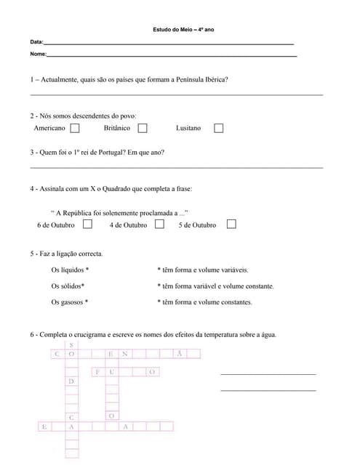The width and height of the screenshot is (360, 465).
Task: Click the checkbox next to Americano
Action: tap(75, 128)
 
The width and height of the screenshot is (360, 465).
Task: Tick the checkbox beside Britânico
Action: tap(143, 128)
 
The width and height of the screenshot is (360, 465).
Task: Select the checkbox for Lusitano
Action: tap(218, 128)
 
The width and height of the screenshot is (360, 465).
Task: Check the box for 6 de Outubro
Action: tap(87, 225)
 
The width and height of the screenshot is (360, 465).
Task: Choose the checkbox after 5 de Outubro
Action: tap(231, 225)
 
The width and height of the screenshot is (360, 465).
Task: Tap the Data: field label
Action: tap(36, 43)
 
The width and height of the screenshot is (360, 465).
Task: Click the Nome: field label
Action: tap(38, 54)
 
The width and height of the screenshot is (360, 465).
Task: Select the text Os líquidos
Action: tap(67, 270)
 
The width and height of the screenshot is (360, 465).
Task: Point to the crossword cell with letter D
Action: tap(71, 381)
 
